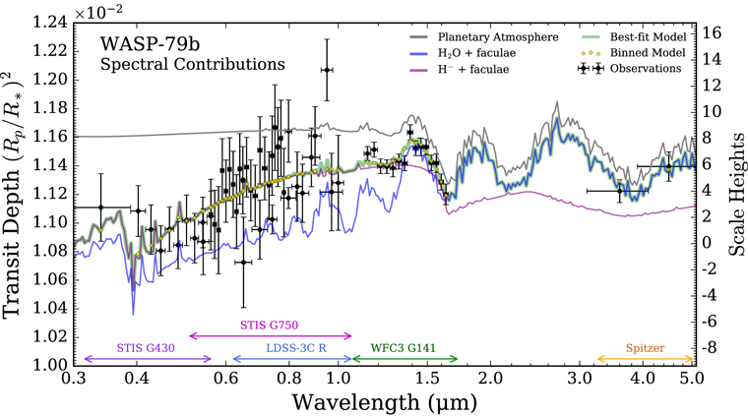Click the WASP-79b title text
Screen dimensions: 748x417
pyautogui.click(x=150, y=44)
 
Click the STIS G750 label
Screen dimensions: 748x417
pyautogui.click(x=269, y=326)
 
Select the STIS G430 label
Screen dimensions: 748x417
pyautogui.click(x=146, y=348)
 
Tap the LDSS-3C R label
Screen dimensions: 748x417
pyautogui.click(x=296, y=348)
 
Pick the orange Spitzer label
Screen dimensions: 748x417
pyautogui.click(x=645, y=348)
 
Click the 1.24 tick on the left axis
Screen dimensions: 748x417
pyautogui.click(x=49, y=22)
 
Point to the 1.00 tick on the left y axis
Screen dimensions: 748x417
pyautogui.click(x=49, y=365)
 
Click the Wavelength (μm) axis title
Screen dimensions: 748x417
pyautogui.click(x=384, y=402)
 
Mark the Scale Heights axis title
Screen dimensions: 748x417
pyautogui.click(x=736, y=194)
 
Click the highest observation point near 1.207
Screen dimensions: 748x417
pyautogui.click(x=327, y=70)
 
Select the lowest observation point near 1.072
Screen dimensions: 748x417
pyautogui.click(x=243, y=263)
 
